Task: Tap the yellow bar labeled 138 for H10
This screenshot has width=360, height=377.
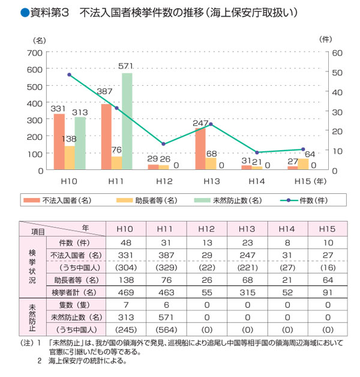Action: click(70, 157)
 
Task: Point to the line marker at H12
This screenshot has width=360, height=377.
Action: click(163, 144)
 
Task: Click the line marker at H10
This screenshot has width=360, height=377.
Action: click(70, 75)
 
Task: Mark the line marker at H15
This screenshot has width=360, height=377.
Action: click(303, 149)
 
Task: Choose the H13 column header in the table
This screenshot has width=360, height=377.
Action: click(247, 229)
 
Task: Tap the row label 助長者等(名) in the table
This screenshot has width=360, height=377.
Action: click(74, 280)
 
